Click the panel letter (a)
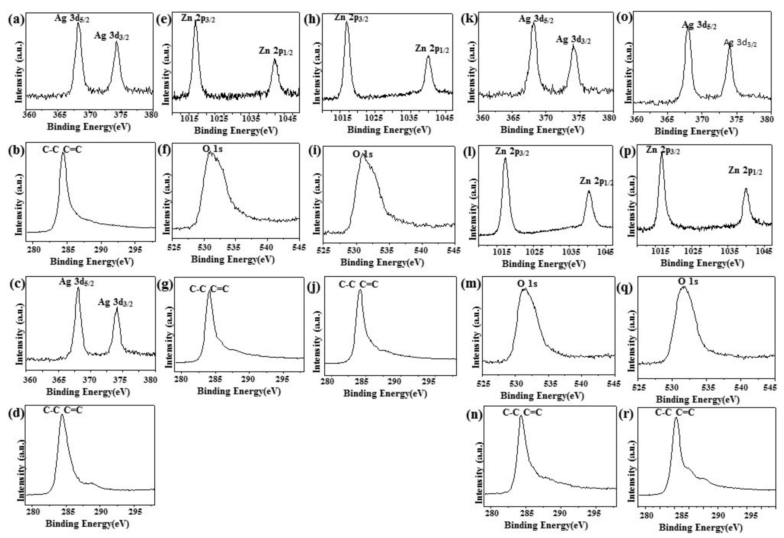tap(16, 20)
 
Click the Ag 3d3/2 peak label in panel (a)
tap(111, 36)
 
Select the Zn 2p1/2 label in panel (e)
tap(276, 51)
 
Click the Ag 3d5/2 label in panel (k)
tap(536, 19)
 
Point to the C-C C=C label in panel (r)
tap(675, 412)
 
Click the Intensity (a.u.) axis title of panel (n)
tap(479, 472)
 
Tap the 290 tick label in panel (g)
tap(248, 379)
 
